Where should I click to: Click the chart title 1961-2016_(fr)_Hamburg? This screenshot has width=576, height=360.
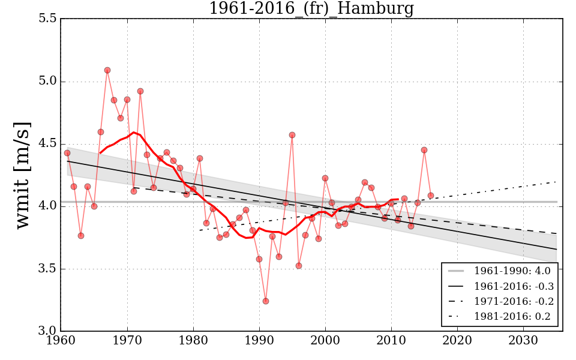pos(311,9)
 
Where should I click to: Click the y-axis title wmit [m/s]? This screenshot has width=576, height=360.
pos(22,175)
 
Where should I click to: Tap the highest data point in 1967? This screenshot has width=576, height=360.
pos(107,70)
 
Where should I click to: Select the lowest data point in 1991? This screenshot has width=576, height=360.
pos(266,301)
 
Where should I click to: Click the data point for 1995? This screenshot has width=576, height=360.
pos(292,135)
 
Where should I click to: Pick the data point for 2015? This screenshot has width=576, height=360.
pos(424,150)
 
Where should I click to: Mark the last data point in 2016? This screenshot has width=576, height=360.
pos(431,196)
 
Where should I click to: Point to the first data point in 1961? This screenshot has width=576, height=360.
pos(67,153)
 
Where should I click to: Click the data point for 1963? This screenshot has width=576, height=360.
pos(81,236)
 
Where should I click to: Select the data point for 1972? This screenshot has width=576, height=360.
pos(140,91)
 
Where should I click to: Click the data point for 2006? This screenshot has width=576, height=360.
pos(365,182)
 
